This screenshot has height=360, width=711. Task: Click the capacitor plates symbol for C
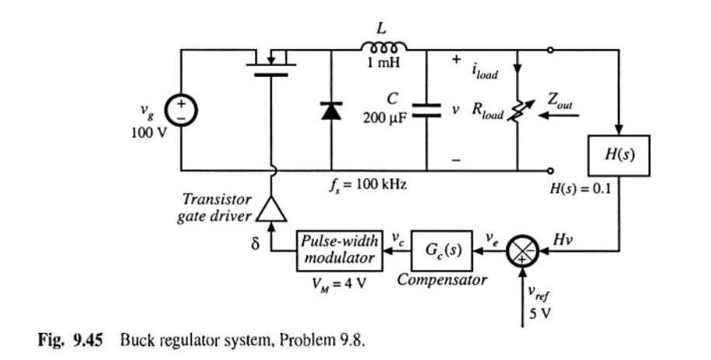click(x=427, y=110)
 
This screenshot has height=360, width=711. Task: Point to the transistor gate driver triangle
click(x=271, y=208)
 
